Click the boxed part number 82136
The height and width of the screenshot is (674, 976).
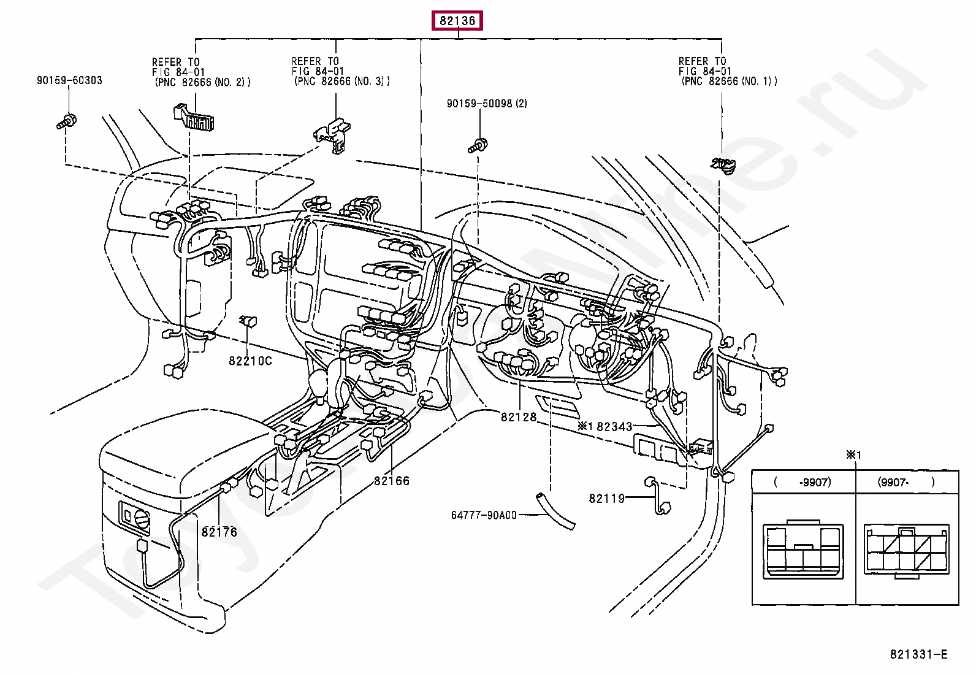[457, 20]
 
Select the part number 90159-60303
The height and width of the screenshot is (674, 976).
[69, 80]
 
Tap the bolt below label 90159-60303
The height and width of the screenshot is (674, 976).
[67, 121]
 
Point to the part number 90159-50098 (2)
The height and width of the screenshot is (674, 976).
[487, 104]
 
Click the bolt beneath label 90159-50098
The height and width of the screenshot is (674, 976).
[478, 145]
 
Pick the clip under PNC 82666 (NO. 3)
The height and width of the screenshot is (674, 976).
[332, 136]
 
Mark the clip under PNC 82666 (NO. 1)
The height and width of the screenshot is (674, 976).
[723, 165]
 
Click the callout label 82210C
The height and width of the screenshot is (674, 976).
[250, 361]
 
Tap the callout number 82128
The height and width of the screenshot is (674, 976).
[519, 417]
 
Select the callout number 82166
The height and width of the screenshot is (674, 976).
[392, 481]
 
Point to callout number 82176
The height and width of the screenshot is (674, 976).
[219, 532]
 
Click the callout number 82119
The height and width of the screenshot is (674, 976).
[607, 499]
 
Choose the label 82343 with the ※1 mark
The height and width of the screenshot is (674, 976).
[604, 426]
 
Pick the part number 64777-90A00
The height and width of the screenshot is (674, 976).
[484, 515]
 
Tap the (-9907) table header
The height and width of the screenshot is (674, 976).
[803, 482]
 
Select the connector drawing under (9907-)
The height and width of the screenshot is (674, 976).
[906, 552]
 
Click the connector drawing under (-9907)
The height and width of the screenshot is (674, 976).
[803, 550]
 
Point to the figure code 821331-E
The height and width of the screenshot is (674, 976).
[918, 654]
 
